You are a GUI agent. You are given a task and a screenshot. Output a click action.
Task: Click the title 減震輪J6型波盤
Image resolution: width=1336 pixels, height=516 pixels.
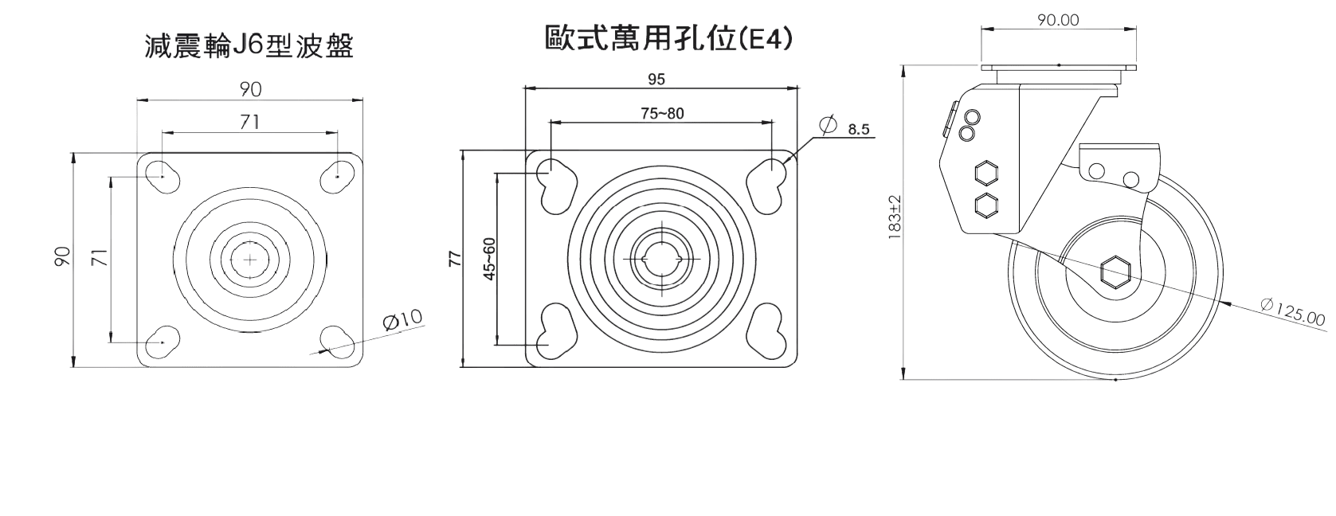[x=249, y=47]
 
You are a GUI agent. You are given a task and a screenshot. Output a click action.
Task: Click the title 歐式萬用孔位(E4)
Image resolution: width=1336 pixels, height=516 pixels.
[x=668, y=38]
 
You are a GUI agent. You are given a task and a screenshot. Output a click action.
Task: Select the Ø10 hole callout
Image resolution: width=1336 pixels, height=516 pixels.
[x=402, y=321]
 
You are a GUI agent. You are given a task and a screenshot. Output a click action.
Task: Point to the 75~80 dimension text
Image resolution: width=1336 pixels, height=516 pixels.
[x=662, y=113]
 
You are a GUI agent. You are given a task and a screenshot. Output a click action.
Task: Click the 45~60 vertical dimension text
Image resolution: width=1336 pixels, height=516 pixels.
[x=488, y=259]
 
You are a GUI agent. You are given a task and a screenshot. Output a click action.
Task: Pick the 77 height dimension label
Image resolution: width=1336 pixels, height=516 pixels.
[x=456, y=259]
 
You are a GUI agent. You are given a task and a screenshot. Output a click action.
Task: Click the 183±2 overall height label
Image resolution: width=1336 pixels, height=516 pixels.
[x=895, y=217]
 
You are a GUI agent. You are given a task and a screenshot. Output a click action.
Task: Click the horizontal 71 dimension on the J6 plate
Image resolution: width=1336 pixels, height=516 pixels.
[x=249, y=121]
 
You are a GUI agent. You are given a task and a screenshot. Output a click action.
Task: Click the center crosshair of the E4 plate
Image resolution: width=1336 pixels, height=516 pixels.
[x=662, y=259]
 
